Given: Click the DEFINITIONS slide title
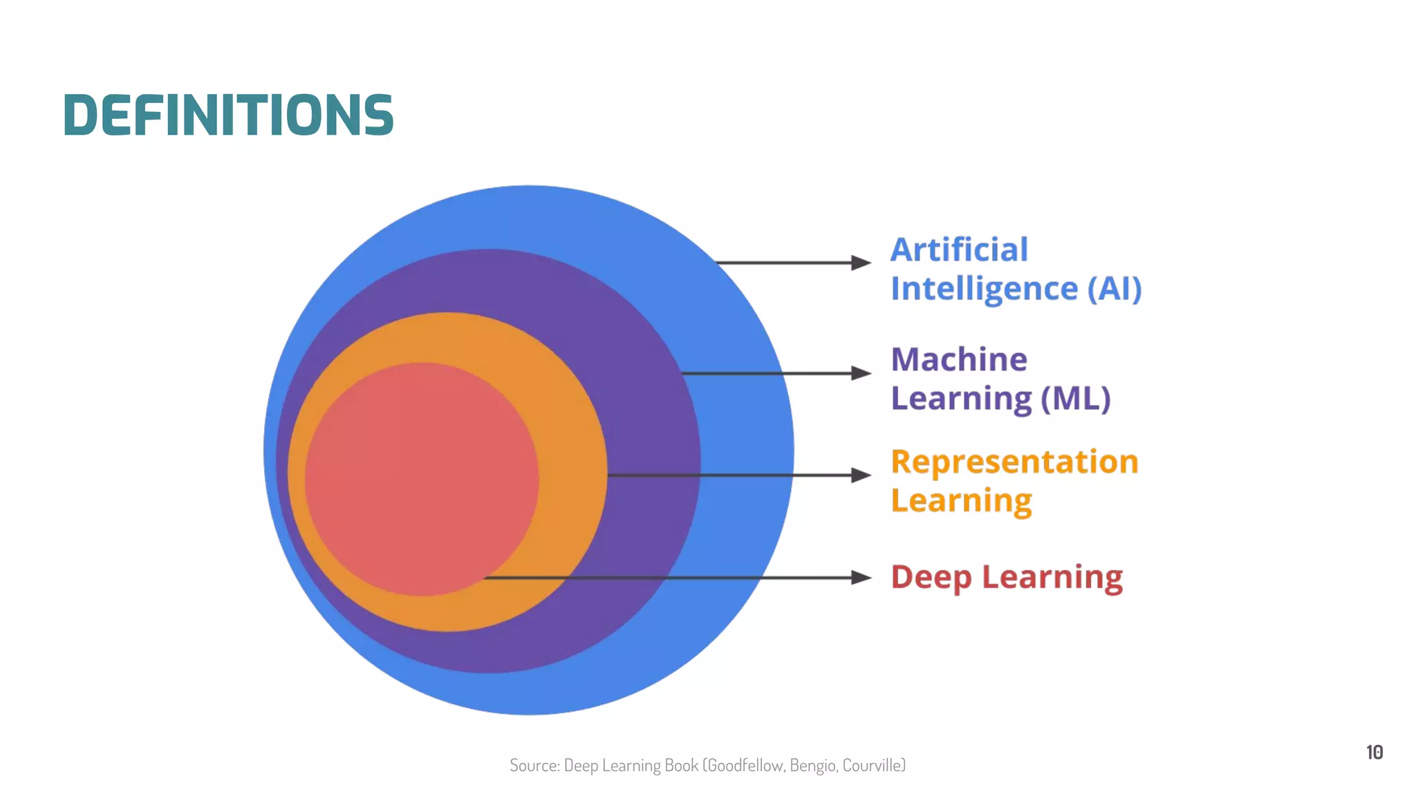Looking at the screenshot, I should (x=228, y=115).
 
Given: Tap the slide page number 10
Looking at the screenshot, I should (x=1374, y=752).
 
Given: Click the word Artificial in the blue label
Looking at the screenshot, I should (x=959, y=249).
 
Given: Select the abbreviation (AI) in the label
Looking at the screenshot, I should (x=1114, y=288).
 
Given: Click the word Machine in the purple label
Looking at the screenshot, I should (x=959, y=359).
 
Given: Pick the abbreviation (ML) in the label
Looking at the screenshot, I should (x=1076, y=399).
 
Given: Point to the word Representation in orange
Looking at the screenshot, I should (x=1014, y=462).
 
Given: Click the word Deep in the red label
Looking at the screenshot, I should (x=931, y=577).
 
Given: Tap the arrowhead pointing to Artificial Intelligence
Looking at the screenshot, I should (x=861, y=263).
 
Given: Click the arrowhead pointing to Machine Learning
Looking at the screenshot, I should (x=861, y=373).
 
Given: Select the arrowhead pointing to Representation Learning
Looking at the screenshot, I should (x=861, y=475).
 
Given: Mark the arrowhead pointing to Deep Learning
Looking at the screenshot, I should (x=861, y=578).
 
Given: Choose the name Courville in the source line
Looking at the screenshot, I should (x=873, y=766).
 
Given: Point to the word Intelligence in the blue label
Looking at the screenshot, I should (x=984, y=289).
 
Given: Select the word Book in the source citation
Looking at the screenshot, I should (x=681, y=766).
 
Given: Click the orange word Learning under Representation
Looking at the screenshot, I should (x=961, y=501).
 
